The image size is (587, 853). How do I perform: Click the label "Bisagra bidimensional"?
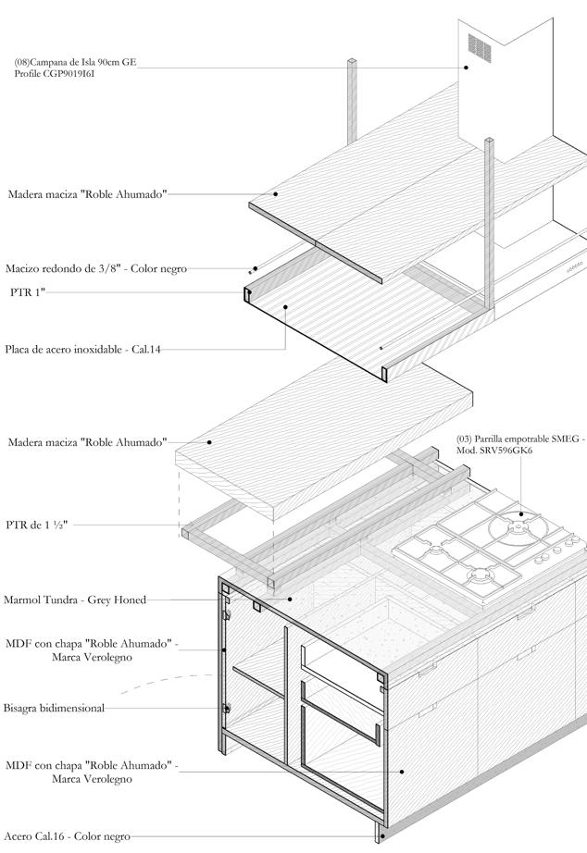pos(54,708)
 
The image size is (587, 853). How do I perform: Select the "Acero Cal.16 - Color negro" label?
pos(66,836)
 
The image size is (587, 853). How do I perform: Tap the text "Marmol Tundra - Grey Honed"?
pos(75,600)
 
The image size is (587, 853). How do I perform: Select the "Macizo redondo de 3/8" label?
pos(95,268)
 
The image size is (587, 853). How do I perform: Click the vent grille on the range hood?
pos(478,44)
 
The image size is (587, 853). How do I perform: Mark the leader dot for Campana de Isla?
pos(467,67)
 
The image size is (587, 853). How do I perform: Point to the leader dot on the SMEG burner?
pos(520,513)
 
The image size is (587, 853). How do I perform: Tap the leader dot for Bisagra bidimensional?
pos(226,708)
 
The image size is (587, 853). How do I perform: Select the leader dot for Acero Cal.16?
pos(380,837)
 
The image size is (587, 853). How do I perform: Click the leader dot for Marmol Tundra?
pos(293,600)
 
